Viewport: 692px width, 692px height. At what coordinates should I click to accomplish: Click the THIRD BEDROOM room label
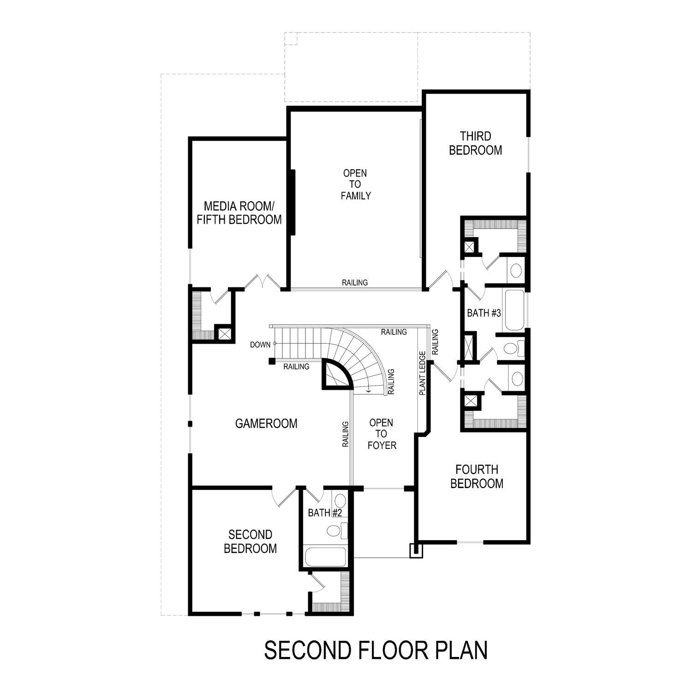pos(475,143)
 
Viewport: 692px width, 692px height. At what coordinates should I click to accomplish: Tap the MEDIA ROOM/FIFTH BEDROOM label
pos(239,213)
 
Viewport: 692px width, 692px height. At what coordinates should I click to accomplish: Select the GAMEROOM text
pos(266,424)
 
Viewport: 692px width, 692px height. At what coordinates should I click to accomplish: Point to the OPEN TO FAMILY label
pos(355,185)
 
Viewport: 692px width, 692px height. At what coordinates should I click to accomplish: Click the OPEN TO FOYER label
pos(382,434)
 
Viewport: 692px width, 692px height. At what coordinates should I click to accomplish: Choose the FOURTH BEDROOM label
pos(477,477)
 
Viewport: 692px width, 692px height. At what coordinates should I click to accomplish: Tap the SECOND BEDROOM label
pos(250,542)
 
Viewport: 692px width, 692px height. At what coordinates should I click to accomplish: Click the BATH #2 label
pos(324,513)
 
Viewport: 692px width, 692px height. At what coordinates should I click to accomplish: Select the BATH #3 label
pos(483,313)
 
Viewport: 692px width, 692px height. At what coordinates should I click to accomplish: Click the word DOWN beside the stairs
pos(260,345)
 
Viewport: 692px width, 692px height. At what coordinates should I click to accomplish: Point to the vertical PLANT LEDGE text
pos(422,374)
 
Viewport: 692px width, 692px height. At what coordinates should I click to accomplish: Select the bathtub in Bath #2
pos(325,558)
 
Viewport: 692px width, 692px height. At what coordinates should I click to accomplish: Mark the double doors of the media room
pos(262,281)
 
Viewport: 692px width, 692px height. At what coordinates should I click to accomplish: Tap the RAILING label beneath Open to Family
pos(355,283)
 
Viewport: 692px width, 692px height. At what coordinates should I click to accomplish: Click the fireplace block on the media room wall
pos(292,203)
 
